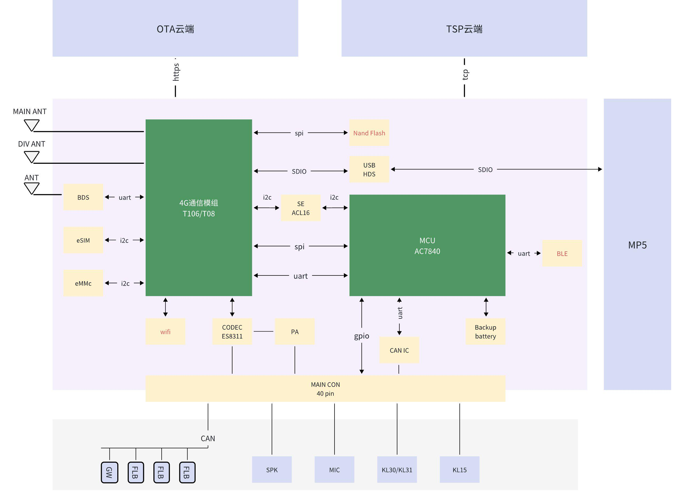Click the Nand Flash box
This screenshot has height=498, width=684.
(x=369, y=133)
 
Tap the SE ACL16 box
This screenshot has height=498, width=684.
(x=300, y=208)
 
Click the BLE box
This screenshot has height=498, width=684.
(x=562, y=253)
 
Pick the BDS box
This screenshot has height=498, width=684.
(x=83, y=197)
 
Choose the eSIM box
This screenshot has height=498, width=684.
(x=83, y=240)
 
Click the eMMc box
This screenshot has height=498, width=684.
(x=83, y=283)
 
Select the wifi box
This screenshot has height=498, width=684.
(x=165, y=332)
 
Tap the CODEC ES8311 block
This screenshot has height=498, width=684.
(x=232, y=332)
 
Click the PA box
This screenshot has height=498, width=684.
(x=295, y=332)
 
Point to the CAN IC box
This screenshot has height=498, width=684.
(x=399, y=350)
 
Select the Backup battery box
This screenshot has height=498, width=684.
(x=485, y=332)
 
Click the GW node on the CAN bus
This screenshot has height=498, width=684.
(x=109, y=472)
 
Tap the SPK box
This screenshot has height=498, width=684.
(x=272, y=470)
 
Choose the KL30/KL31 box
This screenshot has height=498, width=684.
(x=397, y=470)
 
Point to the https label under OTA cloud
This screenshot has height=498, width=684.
(x=176, y=72)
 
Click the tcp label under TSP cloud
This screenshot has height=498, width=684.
(x=465, y=74)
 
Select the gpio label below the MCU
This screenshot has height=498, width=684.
(x=361, y=336)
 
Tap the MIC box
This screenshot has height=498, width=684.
(x=334, y=470)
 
